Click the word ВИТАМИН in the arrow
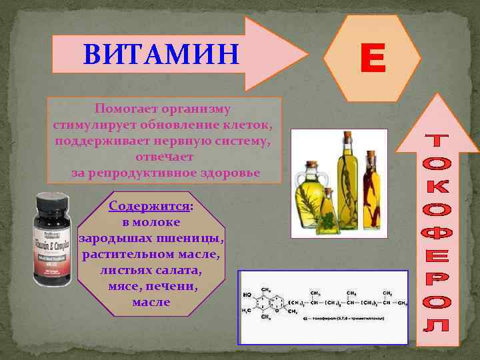pyautogui.click(x=161, y=54)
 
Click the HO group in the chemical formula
pyautogui.click(x=248, y=295)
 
